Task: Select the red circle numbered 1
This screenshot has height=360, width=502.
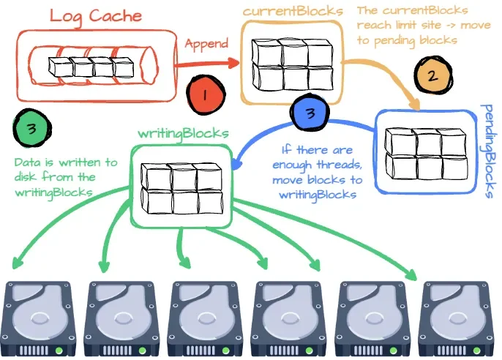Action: tap(205, 94)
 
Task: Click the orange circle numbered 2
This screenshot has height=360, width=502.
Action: tap(432, 75)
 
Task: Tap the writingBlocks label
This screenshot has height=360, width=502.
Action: tap(184, 133)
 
